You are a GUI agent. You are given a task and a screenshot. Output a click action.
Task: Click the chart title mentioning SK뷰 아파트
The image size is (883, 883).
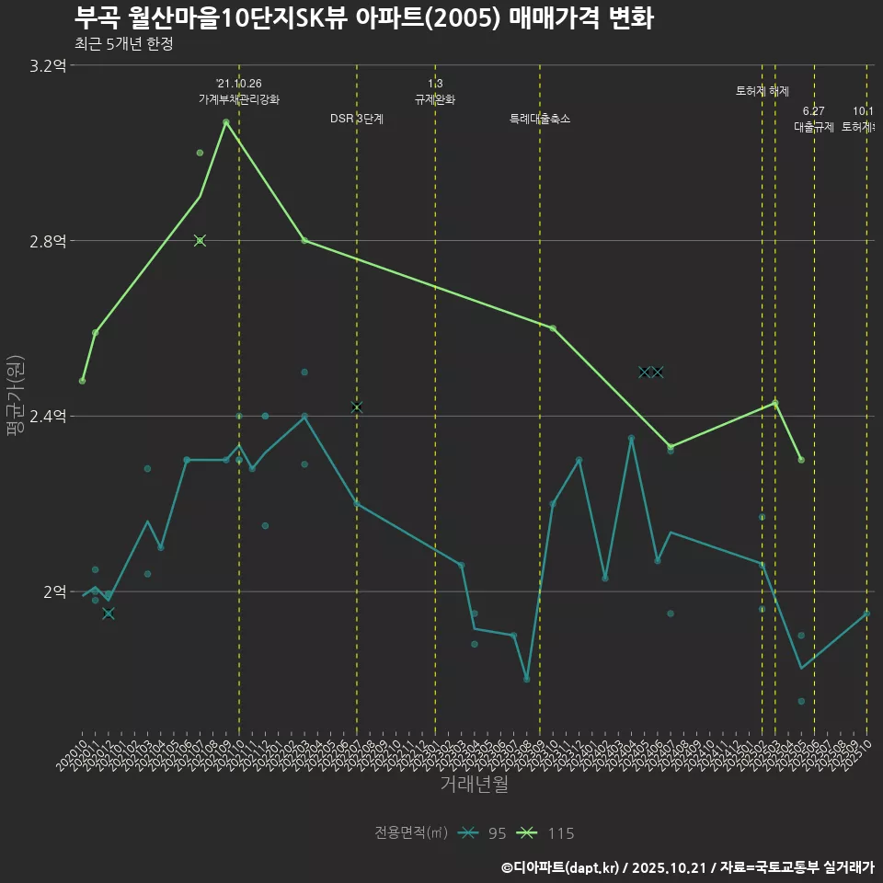363,18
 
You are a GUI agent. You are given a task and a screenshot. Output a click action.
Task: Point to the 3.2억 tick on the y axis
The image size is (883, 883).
48,65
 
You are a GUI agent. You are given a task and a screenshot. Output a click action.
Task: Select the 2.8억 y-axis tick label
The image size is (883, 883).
48,241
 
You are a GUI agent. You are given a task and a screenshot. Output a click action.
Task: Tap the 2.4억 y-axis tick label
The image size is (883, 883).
48,417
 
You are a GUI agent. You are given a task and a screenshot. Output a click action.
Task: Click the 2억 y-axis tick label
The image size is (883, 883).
54,591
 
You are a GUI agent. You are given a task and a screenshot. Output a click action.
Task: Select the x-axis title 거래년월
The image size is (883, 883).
474,784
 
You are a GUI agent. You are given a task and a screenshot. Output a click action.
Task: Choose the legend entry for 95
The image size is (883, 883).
484,833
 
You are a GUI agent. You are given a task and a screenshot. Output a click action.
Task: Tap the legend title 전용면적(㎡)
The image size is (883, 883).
411,833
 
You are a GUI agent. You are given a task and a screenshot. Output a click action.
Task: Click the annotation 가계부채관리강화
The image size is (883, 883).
238,99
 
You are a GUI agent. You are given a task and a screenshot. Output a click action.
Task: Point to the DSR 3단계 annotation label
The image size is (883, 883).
357,119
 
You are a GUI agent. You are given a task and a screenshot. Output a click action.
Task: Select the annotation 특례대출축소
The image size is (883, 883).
540,119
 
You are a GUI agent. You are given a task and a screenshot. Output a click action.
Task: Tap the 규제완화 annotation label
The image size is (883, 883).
435,99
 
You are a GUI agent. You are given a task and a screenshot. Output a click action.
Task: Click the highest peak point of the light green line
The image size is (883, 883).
225,121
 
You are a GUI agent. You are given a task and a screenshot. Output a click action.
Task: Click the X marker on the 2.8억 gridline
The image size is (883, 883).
200,241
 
